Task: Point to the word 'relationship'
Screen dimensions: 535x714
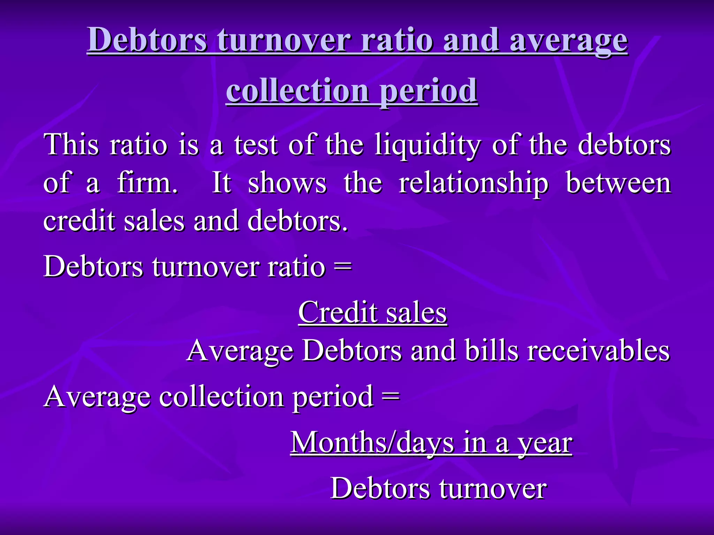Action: point(473,183)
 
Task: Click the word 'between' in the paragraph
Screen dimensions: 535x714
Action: point(618,183)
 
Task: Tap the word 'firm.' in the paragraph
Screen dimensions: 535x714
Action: point(147,183)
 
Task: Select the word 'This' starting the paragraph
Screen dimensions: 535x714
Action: point(71,145)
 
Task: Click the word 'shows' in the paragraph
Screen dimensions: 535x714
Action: point(287,183)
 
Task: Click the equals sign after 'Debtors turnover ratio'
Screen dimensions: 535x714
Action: point(342,267)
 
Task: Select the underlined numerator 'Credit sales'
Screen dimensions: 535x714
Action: point(372,312)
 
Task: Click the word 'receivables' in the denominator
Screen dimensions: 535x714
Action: point(598,351)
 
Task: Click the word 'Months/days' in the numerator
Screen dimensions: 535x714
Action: point(372,443)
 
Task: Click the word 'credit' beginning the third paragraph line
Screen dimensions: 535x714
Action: point(79,222)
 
